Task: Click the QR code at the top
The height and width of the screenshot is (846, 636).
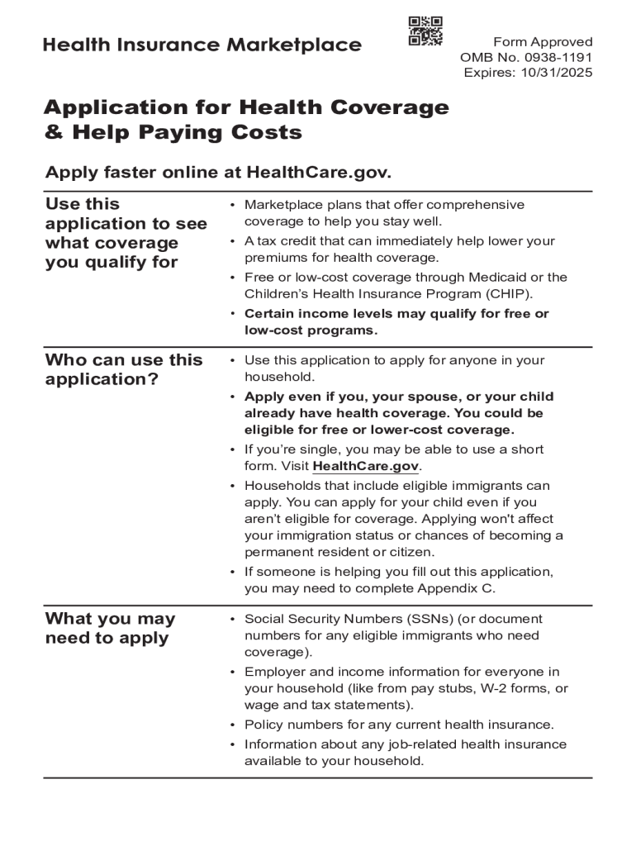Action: (425, 31)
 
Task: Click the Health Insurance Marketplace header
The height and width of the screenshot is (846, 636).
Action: (202, 45)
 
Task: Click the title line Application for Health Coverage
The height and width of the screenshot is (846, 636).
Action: (246, 107)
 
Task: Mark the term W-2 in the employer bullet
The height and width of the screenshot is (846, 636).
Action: (484, 688)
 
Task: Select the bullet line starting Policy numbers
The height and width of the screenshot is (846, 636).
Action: (399, 725)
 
